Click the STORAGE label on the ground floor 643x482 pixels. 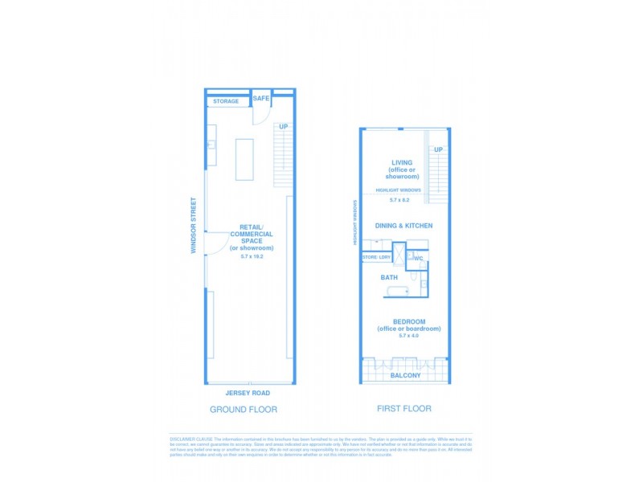pyautogui.click(x=226, y=101)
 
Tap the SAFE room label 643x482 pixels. pyautogui.click(x=261, y=98)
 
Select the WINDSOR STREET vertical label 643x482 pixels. pyautogui.click(x=194, y=226)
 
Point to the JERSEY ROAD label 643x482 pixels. pyautogui.click(x=248, y=393)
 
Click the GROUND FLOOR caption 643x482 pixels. pyautogui.click(x=244, y=410)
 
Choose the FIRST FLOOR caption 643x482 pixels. pyautogui.click(x=404, y=409)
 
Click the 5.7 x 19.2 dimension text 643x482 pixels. pyautogui.click(x=252, y=255)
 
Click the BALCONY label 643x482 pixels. pyautogui.click(x=404, y=375)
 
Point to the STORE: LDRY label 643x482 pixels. pyautogui.click(x=376, y=257)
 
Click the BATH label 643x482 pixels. pyautogui.click(x=389, y=278)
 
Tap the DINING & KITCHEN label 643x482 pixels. pyautogui.click(x=402, y=226)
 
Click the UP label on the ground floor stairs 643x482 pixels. pyautogui.click(x=282, y=127)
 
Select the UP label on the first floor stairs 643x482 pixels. pyautogui.click(x=438, y=150)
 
